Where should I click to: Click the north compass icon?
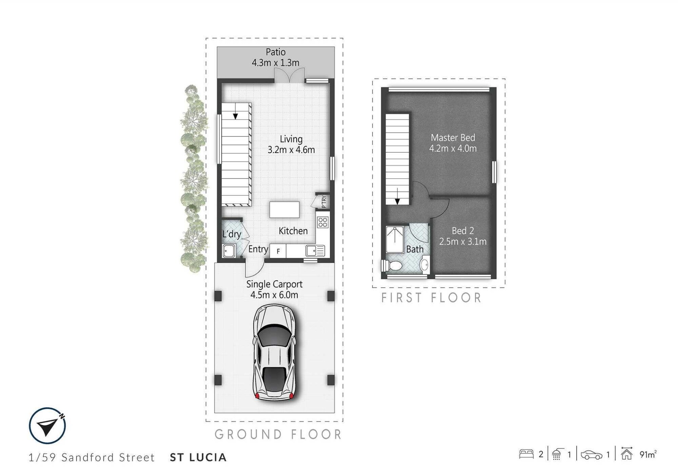[x=47, y=426]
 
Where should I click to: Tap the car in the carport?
[x=274, y=352]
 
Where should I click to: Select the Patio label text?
[x=275, y=52]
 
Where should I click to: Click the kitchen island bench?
[x=284, y=210]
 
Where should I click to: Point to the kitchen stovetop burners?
[x=323, y=222]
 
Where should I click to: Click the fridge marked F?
[x=278, y=251]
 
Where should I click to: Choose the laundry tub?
[x=229, y=251]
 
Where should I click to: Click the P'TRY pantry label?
[x=324, y=202]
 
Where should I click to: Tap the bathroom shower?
[x=395, y=240]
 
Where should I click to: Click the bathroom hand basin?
[x=424, y=264]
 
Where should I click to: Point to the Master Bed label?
[x=453, y=138]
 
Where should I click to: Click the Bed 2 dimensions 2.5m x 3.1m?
[x=463, y=241]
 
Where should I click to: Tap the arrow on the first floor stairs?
[x=398, y=197]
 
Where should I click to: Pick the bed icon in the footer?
[x=526, y=454]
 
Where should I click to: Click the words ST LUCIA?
[x=198, y=457]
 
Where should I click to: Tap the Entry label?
[x=258, y=249]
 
